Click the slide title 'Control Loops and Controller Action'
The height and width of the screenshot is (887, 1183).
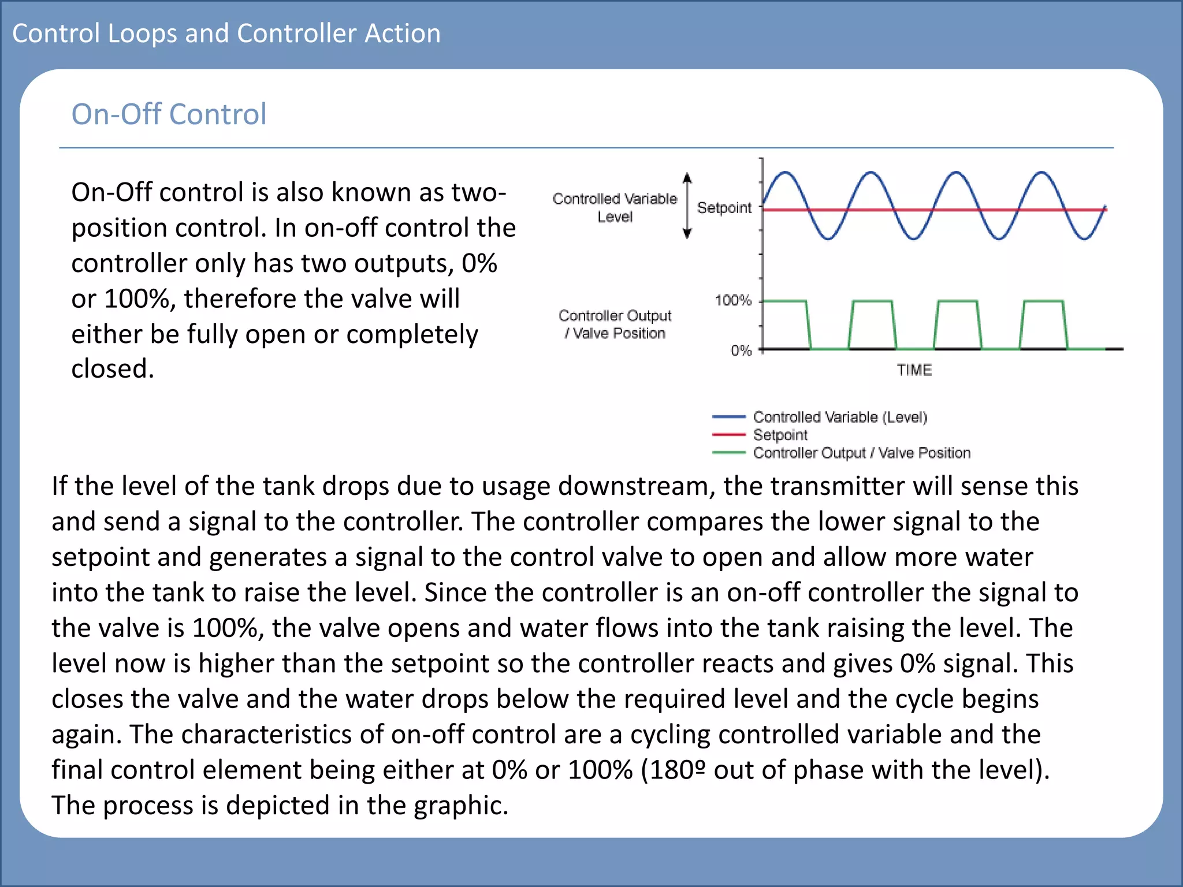[226, 33]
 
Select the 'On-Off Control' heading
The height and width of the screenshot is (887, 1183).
[169, 114]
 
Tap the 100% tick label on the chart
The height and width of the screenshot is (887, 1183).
[733, 300]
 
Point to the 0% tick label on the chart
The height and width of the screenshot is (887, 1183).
[741, 351]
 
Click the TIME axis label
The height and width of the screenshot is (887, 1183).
[914, 370]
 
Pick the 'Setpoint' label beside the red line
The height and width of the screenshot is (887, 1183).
[724, 207]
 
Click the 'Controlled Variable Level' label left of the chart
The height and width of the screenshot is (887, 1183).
[615, 207]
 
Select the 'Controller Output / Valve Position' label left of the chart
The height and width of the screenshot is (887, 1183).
[615, 324]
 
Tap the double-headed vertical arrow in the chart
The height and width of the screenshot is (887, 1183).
[687, 206]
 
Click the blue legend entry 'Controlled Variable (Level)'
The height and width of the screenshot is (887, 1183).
[839, 417]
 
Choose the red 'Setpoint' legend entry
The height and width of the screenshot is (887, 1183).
[780, 435]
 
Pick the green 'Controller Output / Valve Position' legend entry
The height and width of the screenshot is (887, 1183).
[861, 453]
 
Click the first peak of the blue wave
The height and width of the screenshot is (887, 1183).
[785, 172]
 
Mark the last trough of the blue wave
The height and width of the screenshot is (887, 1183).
[1084, 239]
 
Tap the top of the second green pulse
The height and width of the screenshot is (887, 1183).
[872, 301]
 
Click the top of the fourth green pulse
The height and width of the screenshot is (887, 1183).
[1043, 301]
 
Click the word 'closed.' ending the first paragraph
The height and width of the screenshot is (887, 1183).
[113, 369]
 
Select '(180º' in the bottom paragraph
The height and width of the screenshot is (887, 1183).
[674, 770]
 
